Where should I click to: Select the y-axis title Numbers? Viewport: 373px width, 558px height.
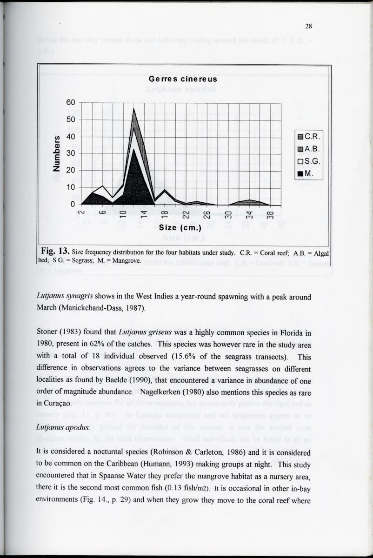pyautogui.click(x=57, y=153)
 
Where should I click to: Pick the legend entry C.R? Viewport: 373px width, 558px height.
pyautogui.click(x=310, y=137)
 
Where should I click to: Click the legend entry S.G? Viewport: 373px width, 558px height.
pyautogui.click(x=310, y=162)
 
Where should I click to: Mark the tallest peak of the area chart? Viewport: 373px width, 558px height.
pyautogui.click(x=134, y=109)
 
